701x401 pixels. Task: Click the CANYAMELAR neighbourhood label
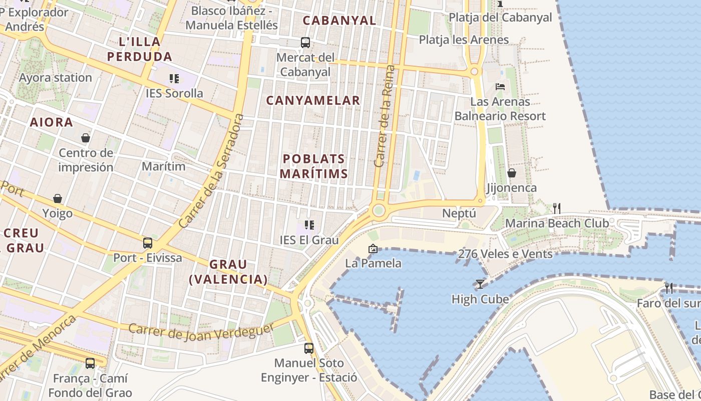click(x=313, y=100)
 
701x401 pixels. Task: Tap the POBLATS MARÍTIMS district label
click(x=313, y=166)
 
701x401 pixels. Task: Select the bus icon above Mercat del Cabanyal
click(x=305, y=43)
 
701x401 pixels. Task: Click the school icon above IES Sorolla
click(x=174, y=78)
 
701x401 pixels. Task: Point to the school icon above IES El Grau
click(x=309, y=225)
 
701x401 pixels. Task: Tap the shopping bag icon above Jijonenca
click(x=512, y=173)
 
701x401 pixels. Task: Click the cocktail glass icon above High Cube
click(x=480, y=284)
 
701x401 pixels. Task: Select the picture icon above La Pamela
click(x=373, y=248)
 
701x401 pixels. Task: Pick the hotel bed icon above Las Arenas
click(x=500, y=86)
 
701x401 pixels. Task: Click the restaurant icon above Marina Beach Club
click(x=556, y=208)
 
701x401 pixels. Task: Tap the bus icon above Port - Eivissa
click(x=147, y=243)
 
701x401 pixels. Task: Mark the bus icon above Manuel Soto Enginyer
click(x=309, y=348)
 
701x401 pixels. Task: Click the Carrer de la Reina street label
click(x=385, y=116)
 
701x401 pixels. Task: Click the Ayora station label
click(x=55, y=78)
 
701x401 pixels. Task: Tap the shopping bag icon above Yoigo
click(x=58, y=198)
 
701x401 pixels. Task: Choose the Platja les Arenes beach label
click(x=464, y=40)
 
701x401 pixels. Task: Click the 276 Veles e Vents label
click(x=505, y=254)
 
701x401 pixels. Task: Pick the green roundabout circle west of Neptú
click(x=379, y=210)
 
